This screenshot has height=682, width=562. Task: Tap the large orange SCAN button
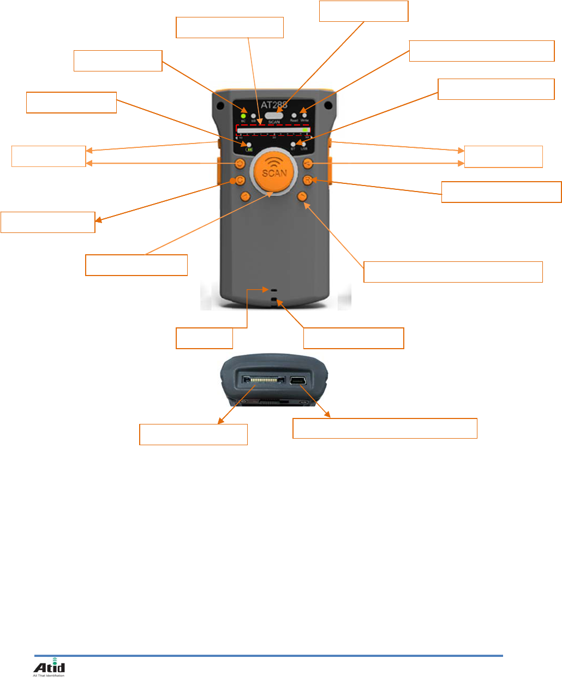pos(274,171)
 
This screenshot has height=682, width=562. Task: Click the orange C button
pos(239,181)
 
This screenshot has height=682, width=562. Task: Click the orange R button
pos(308,180)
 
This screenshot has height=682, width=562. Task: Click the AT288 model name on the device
pos(274,104)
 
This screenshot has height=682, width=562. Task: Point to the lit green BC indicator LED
pos(243,116)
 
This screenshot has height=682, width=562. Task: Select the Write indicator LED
pos(304,115)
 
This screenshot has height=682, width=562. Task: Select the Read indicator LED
pos(294,115)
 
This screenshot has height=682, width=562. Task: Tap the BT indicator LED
pos(293,144)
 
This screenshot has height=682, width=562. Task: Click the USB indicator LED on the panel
pos(304,144)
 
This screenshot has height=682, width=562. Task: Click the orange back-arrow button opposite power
pos(308,163)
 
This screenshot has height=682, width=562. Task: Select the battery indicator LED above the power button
pos(249,144)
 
